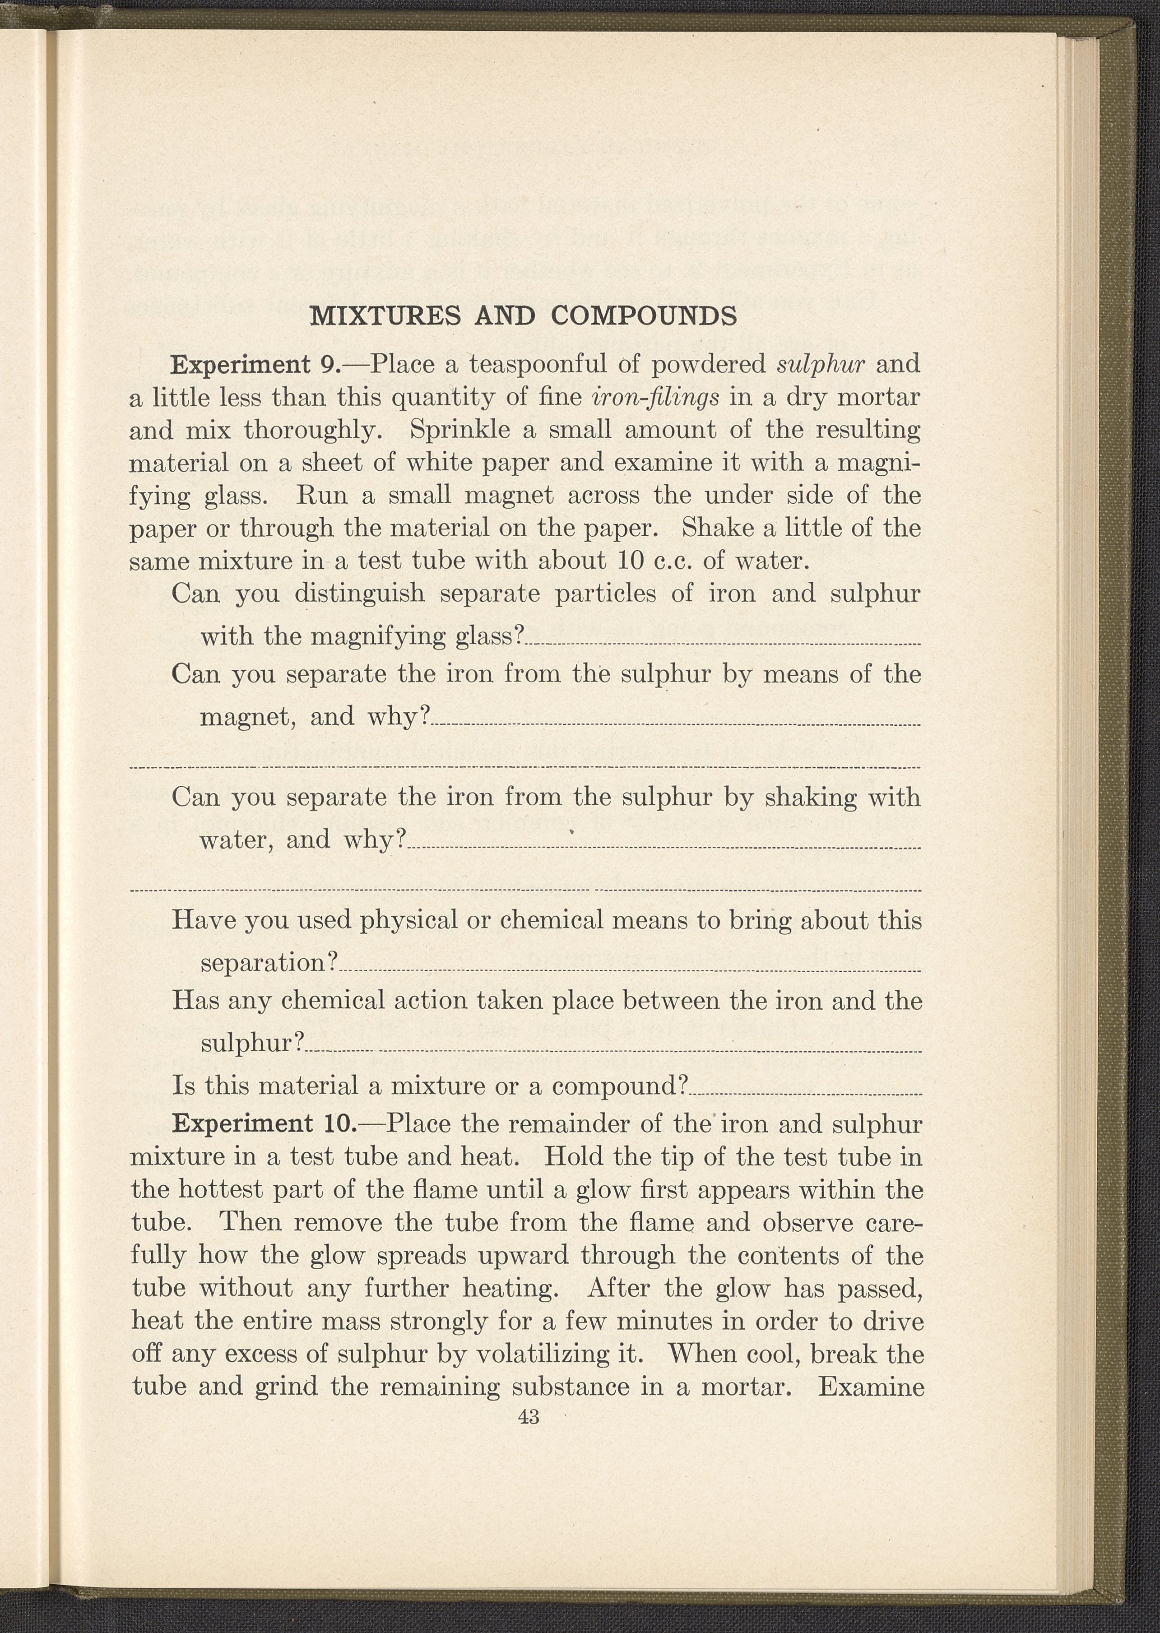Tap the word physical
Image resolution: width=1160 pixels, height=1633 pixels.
coord(408,920)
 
